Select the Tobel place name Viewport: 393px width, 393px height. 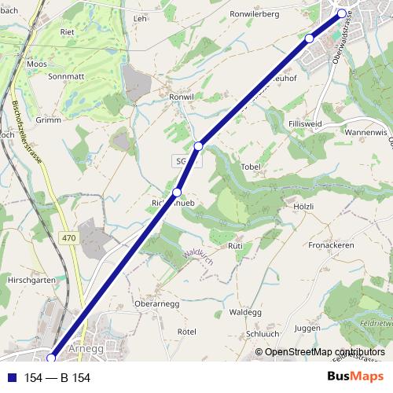click(x=251, y=167)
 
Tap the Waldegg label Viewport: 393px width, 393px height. click(x=244, y=311)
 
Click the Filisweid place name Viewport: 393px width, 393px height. click(x=306, y=124)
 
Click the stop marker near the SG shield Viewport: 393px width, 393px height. click(x=199, y=145)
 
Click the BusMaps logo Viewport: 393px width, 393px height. click(x=361, y=377)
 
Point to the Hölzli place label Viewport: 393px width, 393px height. click(x=303, y=206)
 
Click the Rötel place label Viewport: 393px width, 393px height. click(x=186, y=332)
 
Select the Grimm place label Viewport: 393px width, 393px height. click(x=48, y=120)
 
